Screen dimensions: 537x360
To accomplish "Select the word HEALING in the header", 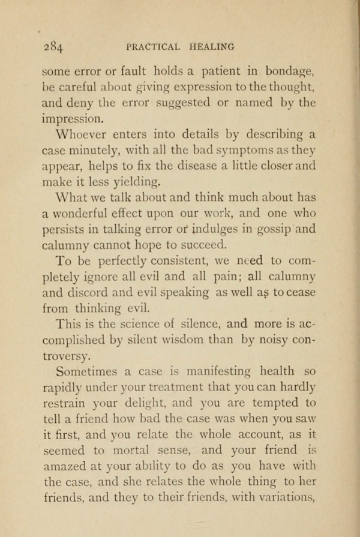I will click(x=212, y=46).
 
